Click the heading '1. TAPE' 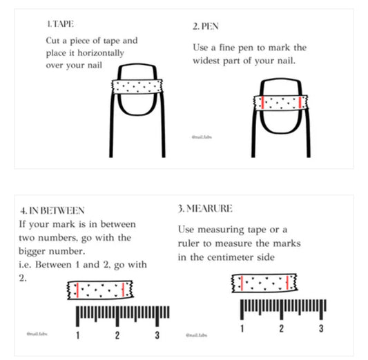click(60, 24)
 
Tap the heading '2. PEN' click(206, 26)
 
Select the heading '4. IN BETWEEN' click(52, 210)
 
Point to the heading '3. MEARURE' click(205, 208)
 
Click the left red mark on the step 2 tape click(262, 103)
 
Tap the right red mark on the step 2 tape click(300, 103)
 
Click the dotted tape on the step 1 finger click(137, 86)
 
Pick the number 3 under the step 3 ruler click(321, 328)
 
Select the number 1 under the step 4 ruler click(78, 335)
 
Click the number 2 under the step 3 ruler click(282, 328)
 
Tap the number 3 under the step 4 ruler click(157, 335)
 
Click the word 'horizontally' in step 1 click(101, 53)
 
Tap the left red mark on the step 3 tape click(242, 283)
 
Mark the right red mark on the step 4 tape click(123, 290)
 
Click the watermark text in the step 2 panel click(202, 137)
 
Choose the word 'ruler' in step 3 click(188, 243)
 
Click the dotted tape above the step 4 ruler click(100, 290)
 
